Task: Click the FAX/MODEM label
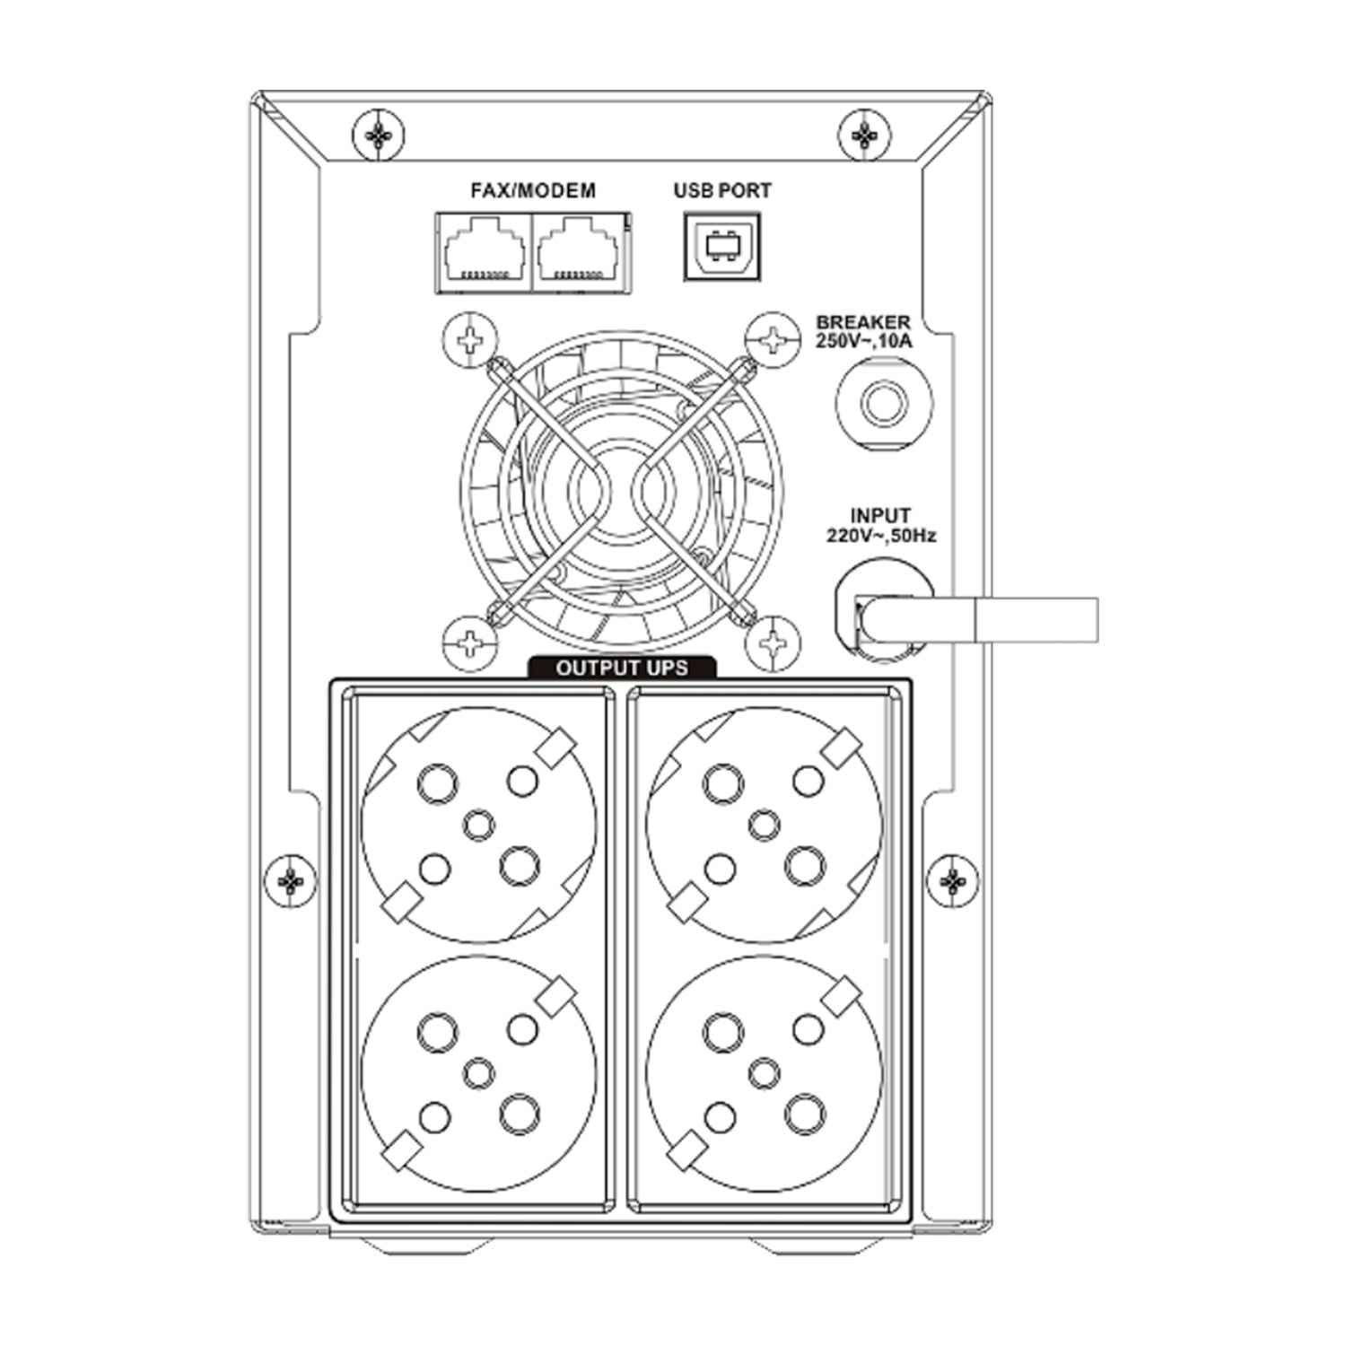[x=533, y=190]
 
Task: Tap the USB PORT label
[x=722, y=190]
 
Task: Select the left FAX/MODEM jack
[x=484, y=252]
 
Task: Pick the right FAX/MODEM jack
[x=581, y=252]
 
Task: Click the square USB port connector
[x=722, y=246]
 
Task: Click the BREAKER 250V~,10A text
[x=862, y=331]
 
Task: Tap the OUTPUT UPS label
[x=622, y=668]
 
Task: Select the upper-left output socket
[x=479, y=825]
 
